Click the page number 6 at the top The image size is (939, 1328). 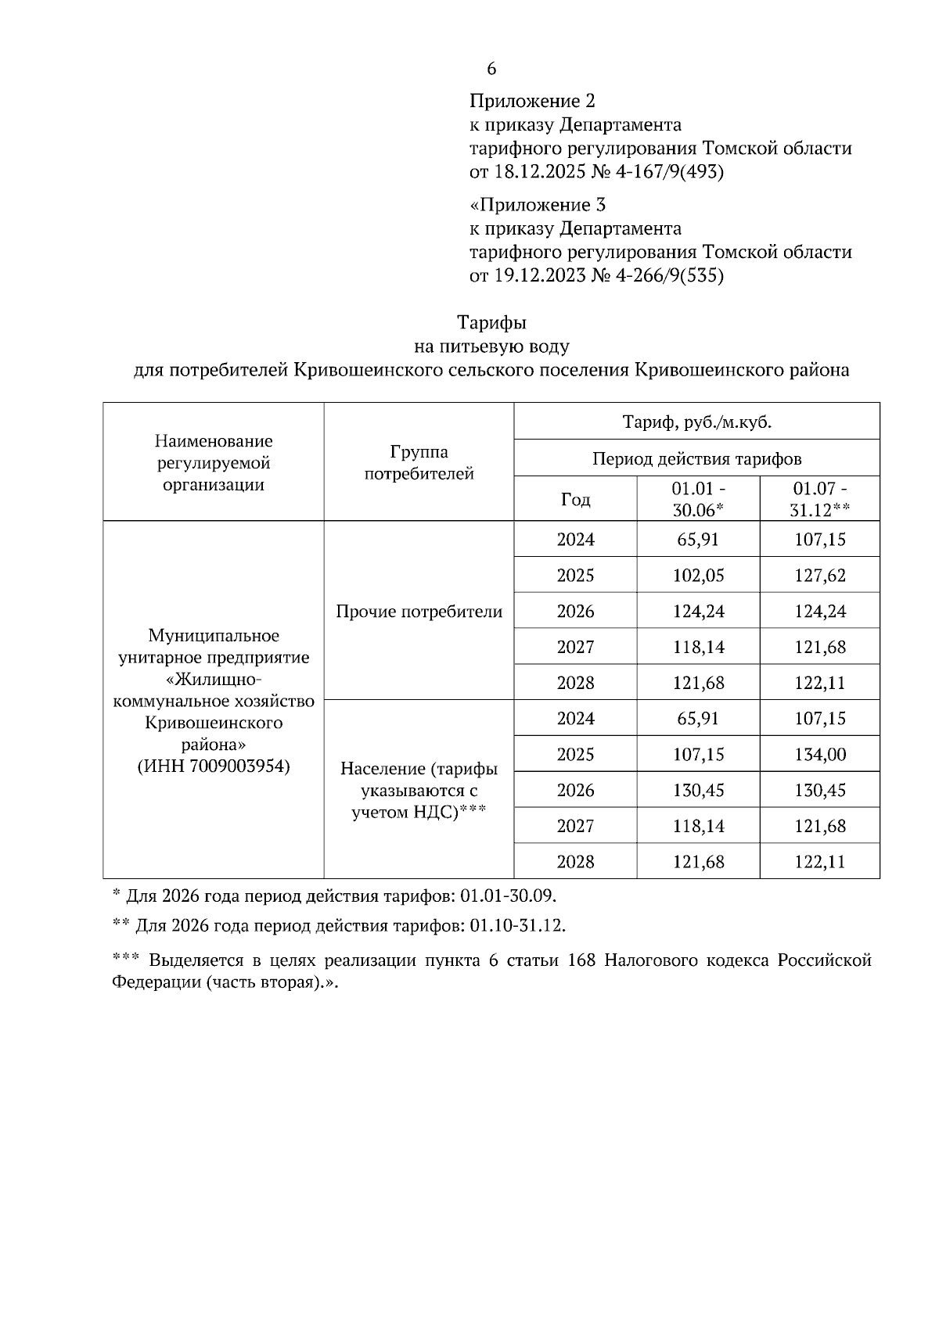[491, 69]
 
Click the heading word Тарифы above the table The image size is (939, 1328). [491, 323]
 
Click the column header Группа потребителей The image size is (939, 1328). [419, 462]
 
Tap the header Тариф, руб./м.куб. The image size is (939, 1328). [696, 422]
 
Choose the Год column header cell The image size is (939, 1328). [575, 499]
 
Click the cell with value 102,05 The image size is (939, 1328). [698, 576]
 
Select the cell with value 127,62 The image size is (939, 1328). [819, 576]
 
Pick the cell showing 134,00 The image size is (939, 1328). [819, 755]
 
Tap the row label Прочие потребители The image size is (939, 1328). [419, 612]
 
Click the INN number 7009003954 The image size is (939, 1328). [235, 766]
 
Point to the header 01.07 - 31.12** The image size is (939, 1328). [819, 499]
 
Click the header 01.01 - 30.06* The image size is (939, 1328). [698, 499]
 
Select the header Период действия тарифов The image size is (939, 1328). [696, 458]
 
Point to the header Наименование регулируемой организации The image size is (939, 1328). [214, 462]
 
